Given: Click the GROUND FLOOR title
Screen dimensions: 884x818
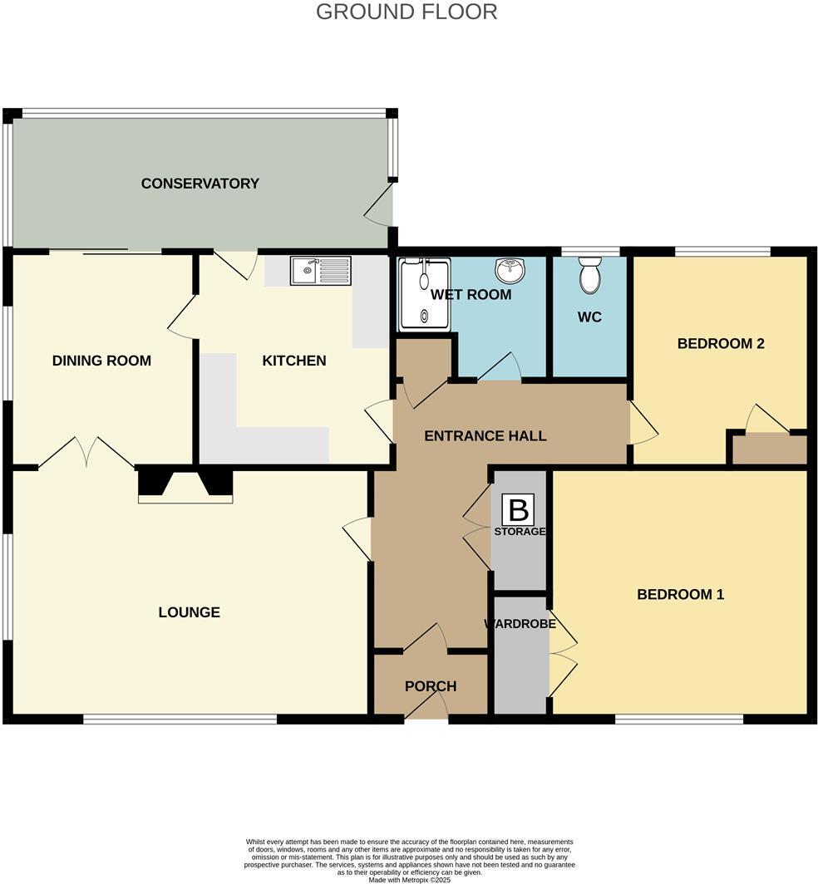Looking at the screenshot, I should pos(407,12).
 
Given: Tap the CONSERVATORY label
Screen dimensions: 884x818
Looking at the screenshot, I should pos(200,184).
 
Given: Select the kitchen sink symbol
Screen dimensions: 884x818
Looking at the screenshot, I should pos(320,271).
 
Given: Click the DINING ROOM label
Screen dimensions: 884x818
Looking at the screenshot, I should pos(101,361).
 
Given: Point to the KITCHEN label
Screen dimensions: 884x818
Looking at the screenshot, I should pos(293,361).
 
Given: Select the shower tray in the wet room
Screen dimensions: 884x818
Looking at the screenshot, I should pos(425,294).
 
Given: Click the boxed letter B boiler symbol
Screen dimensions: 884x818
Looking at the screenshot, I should pos(520,509).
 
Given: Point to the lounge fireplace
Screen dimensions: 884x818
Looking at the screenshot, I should pos(185,484).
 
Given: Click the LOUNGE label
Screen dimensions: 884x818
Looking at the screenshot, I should pos(189,612).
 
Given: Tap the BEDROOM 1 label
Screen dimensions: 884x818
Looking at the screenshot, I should pos(680,594).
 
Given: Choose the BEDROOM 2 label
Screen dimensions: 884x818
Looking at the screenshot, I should pos(720,343).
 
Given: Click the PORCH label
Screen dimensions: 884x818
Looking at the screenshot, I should pos(430,686).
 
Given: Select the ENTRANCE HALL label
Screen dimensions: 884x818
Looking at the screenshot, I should pos(485,435).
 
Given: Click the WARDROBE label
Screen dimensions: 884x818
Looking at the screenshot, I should pos(520,624).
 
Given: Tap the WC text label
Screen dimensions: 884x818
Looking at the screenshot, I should pos(589,317).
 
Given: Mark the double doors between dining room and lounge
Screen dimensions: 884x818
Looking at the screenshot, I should pos(86,452).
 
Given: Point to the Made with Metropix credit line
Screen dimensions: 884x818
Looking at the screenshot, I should pos(408,880).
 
